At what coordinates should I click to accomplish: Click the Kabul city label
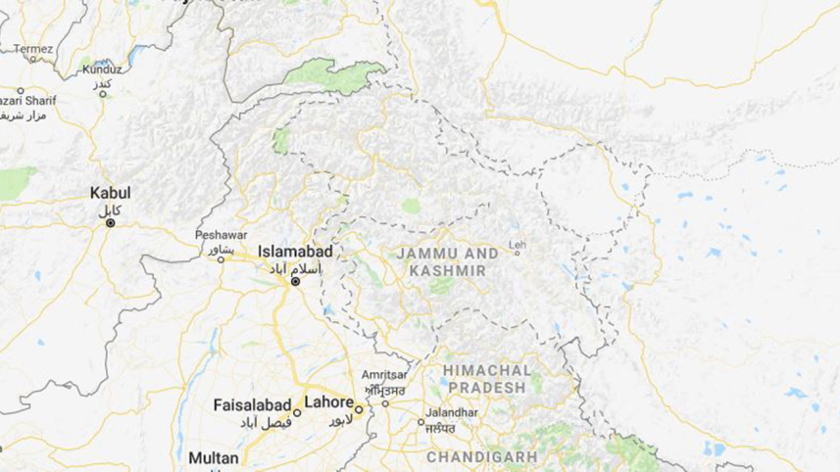click(x=110, y=193)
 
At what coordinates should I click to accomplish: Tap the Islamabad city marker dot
click(x=295, y=282)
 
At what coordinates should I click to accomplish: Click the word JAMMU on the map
click(x=422, y=253)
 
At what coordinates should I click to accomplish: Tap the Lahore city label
click(x=328, y=401)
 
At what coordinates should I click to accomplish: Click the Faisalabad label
click(x=252, y=404)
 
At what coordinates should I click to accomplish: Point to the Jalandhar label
click(x=451, y=412)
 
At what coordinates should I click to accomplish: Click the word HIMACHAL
click(x=486, y=370)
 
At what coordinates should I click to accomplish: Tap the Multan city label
click(x=214, y=457)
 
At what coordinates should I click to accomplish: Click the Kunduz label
click(x=102, y=70)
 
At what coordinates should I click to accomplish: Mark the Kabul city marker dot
click(x=111, y=223)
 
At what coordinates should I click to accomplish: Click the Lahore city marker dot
click(x=360, y=409)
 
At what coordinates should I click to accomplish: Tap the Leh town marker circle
click(x=518, y=254)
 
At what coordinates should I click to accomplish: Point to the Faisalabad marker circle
click(x=297, y=412)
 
